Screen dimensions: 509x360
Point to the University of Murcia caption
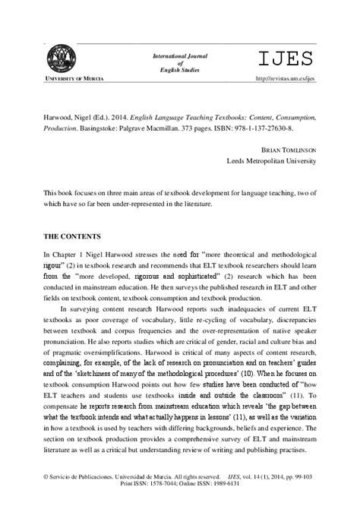point(61,78)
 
